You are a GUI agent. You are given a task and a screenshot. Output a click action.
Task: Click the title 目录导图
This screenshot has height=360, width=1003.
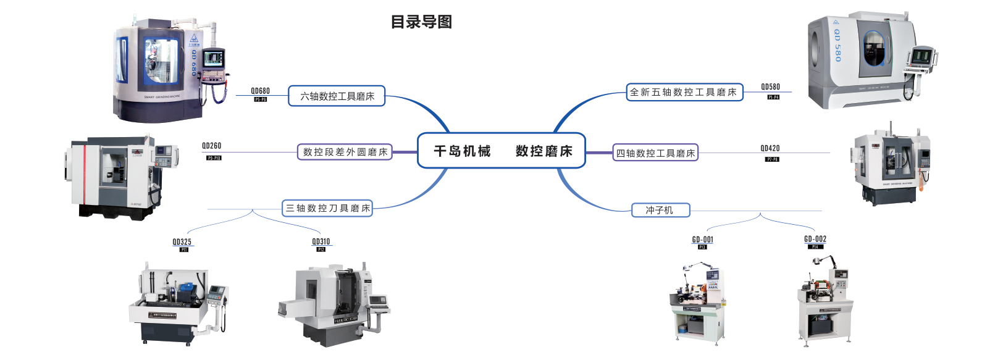tap(421, 22)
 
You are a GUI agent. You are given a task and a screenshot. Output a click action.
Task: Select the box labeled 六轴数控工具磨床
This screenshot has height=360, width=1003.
tap(337, 96)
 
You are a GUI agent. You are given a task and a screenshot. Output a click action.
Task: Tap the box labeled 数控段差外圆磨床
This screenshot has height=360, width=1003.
tap(345, 152)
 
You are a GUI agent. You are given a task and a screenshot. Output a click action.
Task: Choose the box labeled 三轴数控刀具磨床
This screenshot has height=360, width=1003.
tap(327, 209)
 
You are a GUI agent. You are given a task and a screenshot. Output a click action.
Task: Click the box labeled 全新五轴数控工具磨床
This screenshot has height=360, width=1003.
tap(684, 93)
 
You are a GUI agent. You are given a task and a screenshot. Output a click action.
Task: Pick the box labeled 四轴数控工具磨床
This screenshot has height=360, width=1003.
tap(655, 153)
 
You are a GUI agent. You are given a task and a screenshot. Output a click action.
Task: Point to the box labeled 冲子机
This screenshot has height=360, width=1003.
tap(660, 211)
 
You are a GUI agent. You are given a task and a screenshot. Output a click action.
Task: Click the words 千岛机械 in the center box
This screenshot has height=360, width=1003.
tap(462, 151)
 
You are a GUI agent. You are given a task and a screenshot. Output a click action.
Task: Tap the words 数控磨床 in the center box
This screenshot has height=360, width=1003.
tap(544, 151)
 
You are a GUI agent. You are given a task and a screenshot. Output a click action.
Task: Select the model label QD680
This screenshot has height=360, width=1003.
tap(260, 91)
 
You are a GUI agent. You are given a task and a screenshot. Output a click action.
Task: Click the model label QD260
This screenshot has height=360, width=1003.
tap(211, 146)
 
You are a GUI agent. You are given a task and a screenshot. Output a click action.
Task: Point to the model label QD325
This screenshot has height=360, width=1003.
tap(182, 242)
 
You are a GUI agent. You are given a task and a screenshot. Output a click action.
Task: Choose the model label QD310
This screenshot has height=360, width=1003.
tap(321, 242)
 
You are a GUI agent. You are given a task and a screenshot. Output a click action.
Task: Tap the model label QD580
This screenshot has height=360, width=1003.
tap(770, 87)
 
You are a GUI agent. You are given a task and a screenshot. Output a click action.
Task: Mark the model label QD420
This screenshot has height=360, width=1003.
tap(770, 148)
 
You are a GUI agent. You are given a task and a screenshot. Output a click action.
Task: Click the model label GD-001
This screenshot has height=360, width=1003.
tap(702, 240)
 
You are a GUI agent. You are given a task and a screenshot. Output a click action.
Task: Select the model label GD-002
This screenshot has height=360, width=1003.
tap(815, 239)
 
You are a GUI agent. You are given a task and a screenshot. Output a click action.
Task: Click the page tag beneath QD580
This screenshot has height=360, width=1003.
tap(773, 97)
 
